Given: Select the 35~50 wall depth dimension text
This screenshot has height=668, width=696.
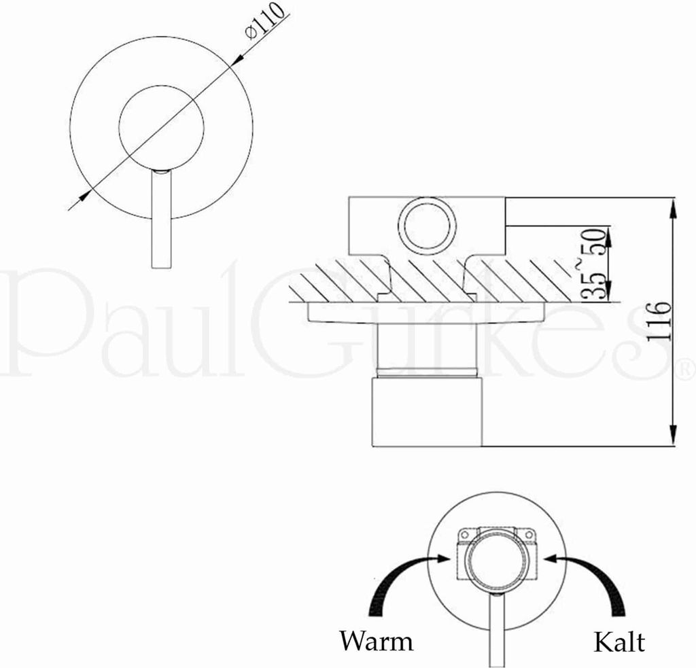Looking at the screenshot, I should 593,264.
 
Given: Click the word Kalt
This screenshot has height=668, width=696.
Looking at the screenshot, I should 619,641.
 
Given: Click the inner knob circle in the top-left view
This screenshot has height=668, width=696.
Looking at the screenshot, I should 161,126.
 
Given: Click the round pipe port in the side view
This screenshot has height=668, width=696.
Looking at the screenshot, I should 427,225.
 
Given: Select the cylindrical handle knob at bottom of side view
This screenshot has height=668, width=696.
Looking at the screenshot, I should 426,412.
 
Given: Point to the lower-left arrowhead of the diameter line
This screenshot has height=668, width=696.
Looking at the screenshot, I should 83,196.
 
